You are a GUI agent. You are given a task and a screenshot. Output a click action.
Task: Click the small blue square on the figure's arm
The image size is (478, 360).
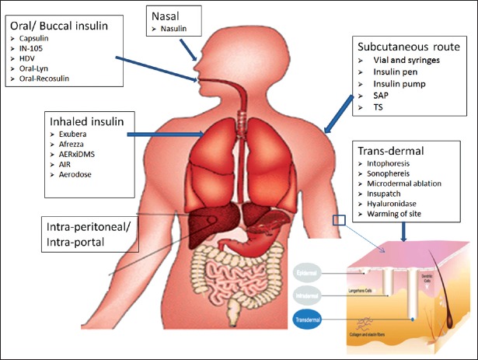point(338,221)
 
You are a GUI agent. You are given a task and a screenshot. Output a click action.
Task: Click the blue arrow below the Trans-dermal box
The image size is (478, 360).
point(403,232)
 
